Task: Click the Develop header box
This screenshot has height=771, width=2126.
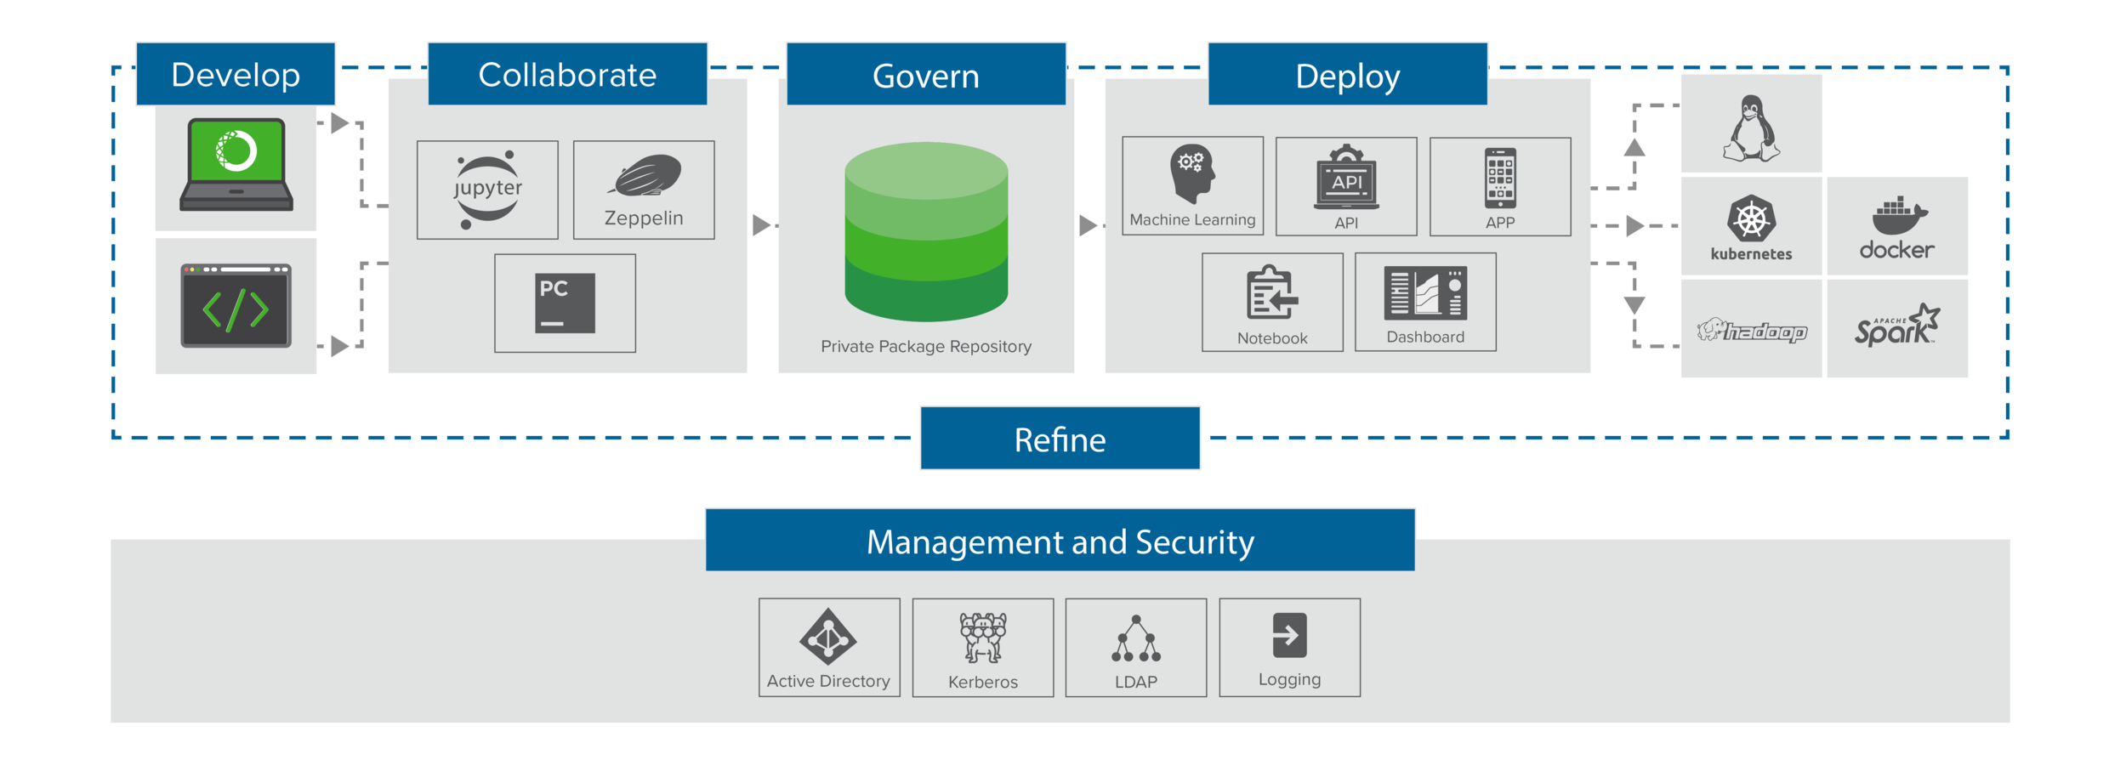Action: pyautogui.click(x=236, y=74)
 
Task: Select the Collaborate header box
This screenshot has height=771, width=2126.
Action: pyautogui.click(x=567, y=74)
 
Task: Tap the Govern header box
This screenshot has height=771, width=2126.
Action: pyautogui.click(x=925, y=75)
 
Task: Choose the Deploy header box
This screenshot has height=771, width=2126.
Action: pyautogui.click(x=1347, y=75)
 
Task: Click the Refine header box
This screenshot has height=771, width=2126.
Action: pyautogui.click(x=1060, y=439)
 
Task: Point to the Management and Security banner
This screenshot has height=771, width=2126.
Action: pyautogui.click(x=1060, y=541)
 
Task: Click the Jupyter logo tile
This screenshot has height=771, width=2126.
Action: pyautogui.click(x=487, y=190)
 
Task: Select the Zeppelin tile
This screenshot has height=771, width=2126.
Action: pyautogui.click(x=644, y=190)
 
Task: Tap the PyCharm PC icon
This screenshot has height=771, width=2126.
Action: pyautogui.click(x=565, y=303)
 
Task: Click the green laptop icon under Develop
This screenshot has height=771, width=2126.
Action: pyautogui.click(x=236, y=164)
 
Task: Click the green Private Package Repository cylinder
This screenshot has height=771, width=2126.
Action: pyautogui.click(x=926, y=231)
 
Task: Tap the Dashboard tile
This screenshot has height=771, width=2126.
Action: pyautogui.click(x=1425, y=302)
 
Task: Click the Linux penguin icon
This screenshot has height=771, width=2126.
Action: pyautogui.click(x=1751, y=129)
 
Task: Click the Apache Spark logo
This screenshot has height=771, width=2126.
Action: pyautogui.click(x=1896, y=326)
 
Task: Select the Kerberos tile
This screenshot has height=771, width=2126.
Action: pyautogui.click(x=982, y=648)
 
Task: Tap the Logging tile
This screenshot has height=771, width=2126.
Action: pyautogui.click(x=1289, y=648)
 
